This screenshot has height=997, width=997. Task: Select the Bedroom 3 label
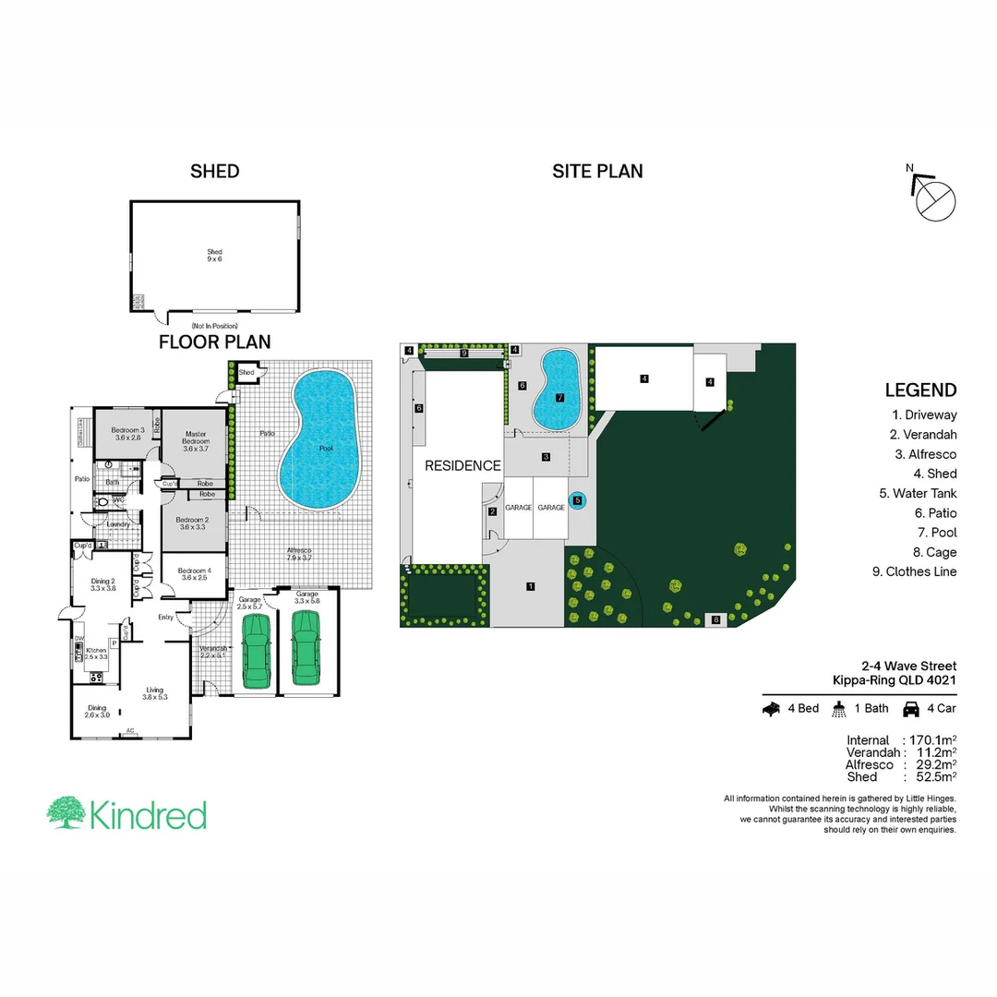pos(128,434)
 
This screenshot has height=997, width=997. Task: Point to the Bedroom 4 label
pos(195,574)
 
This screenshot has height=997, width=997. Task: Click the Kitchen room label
pos(97,654)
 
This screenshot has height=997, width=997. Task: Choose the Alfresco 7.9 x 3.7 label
pos(299,555)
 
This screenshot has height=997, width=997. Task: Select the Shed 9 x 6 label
pos(214,256)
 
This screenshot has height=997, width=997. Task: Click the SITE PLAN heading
pos(597,171)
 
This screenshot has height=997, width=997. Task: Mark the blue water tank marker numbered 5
pos(578,500)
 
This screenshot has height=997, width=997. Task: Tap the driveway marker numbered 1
pos(531,586)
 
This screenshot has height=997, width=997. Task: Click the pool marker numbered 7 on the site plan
pos(559,397)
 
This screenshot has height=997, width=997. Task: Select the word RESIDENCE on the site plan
pos(462,466)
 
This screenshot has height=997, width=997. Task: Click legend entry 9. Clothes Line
pos(914,571)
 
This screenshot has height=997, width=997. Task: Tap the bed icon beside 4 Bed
pos(773,709)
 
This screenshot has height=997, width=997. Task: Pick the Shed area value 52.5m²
pos(934,777)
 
